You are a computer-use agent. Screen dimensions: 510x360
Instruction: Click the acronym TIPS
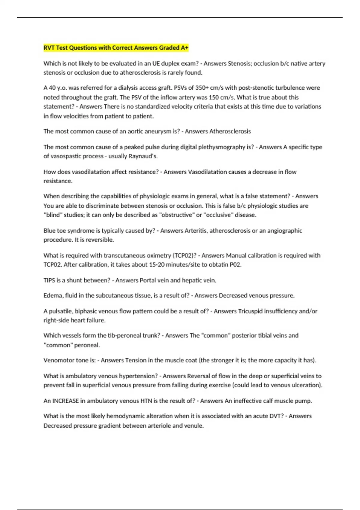click(x=49, y=280)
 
